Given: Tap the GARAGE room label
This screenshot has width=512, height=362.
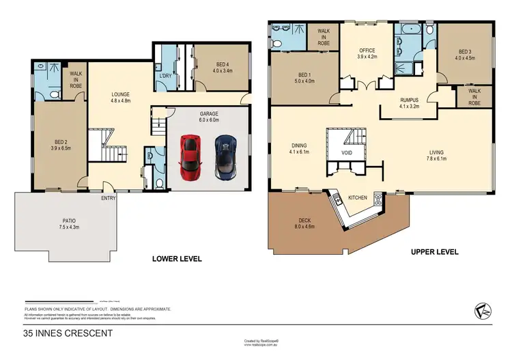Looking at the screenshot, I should tap(208, 113).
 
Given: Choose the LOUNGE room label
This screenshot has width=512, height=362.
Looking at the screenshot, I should tap(121, 94).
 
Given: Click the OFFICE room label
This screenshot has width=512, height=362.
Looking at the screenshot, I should tap(368, 50).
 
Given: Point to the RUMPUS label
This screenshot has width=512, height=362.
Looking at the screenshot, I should tap(412, 100).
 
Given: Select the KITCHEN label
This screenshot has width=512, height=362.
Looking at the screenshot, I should tap(358, 198).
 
